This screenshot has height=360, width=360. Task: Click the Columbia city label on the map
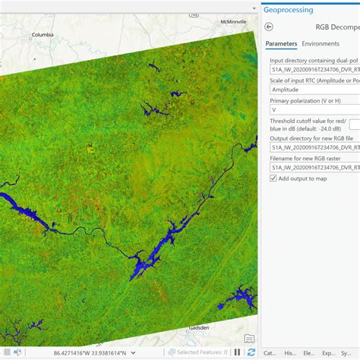click(43, 34)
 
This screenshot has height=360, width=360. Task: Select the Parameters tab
click(280, 43)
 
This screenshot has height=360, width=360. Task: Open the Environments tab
click(321, 43)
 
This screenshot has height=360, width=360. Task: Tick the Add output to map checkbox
click(273, 178)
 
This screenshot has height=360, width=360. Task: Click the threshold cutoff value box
click(354, 124)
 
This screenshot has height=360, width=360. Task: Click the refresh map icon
click(251, 352)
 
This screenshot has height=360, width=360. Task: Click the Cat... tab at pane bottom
click(270, 353)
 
